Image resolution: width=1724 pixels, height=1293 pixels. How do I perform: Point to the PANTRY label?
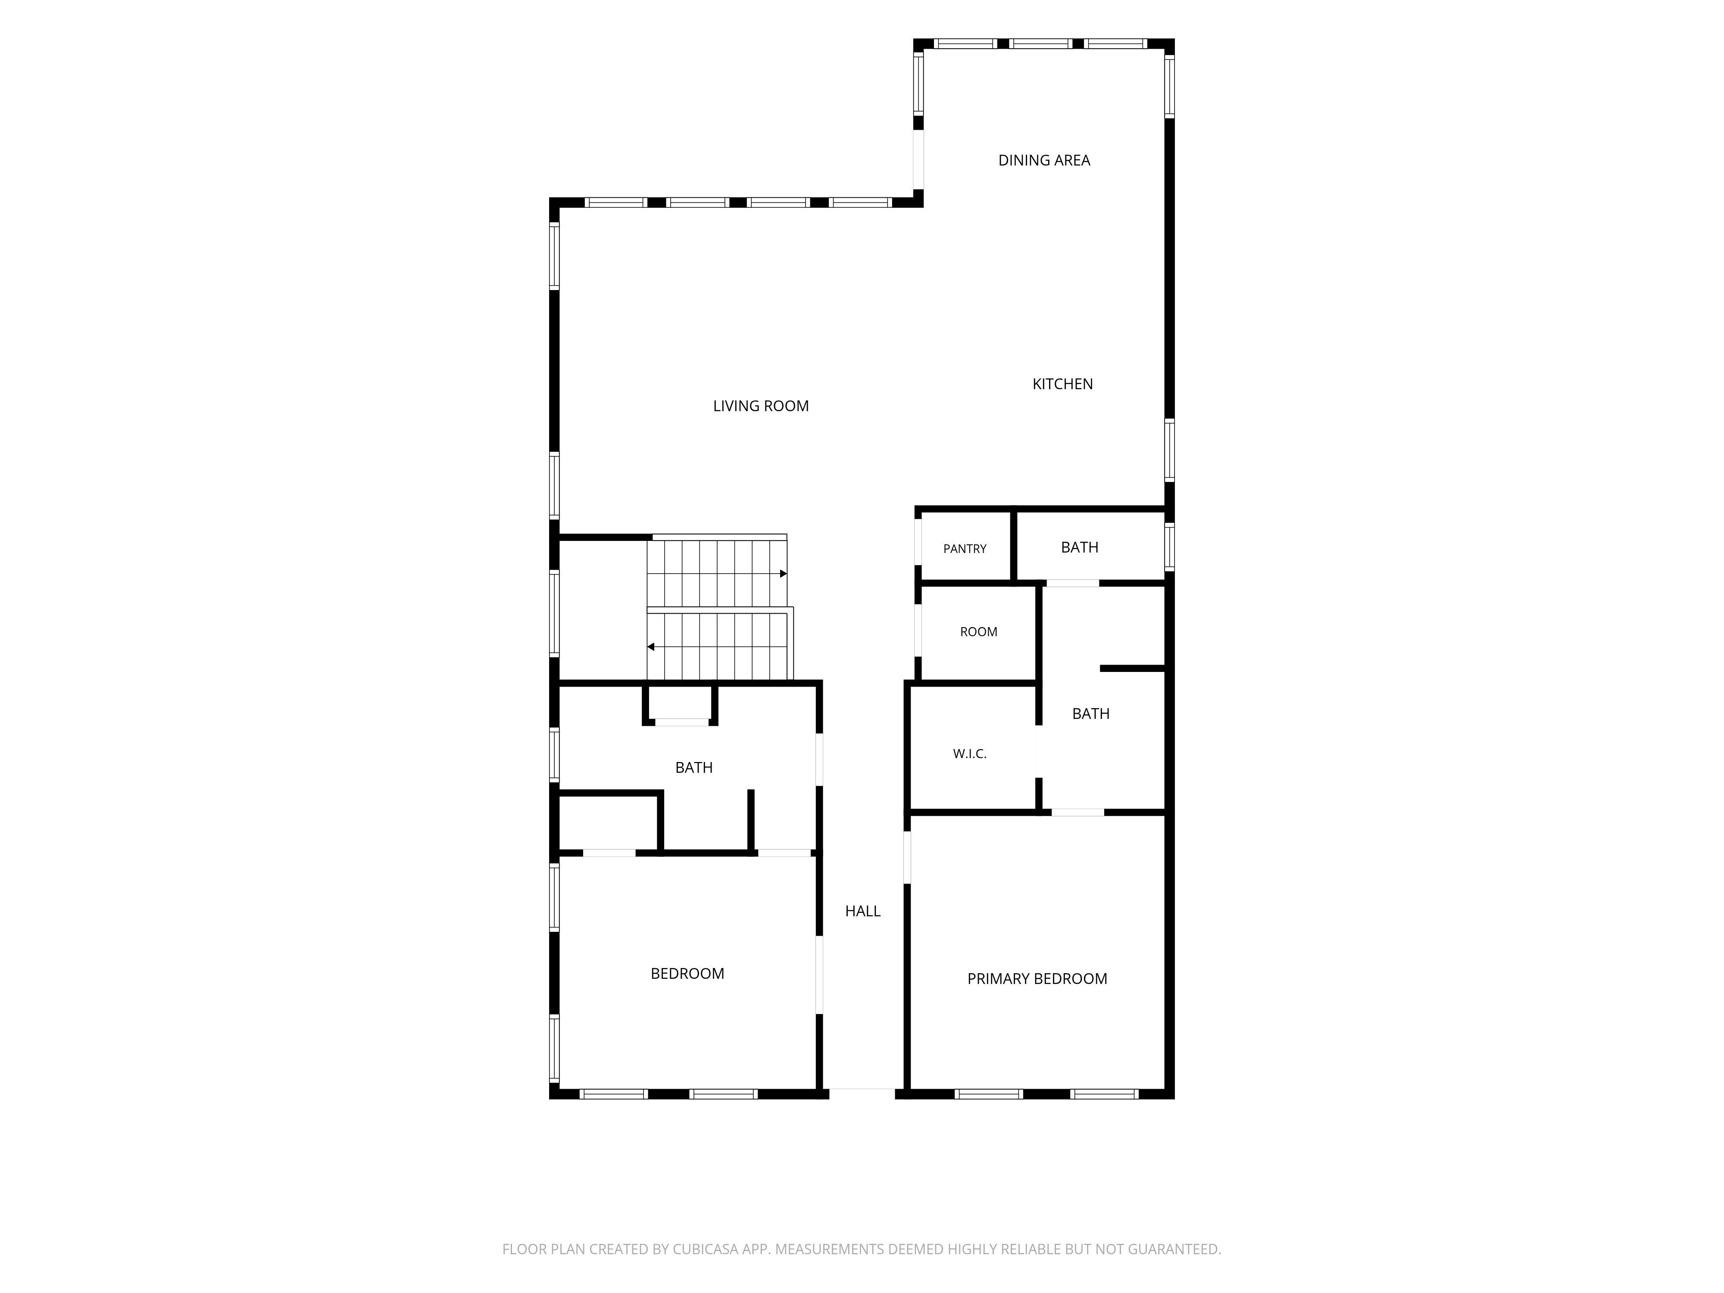[x=965, y=549]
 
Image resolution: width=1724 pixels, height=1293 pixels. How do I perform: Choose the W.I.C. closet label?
[x=970, y=754]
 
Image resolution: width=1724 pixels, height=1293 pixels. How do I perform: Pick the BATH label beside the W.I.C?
[x=1090, y=714]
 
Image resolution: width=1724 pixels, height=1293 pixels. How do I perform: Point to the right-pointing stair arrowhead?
[x=783, y=574]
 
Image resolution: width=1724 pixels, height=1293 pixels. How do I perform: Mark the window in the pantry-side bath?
[x=1169, y=547]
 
